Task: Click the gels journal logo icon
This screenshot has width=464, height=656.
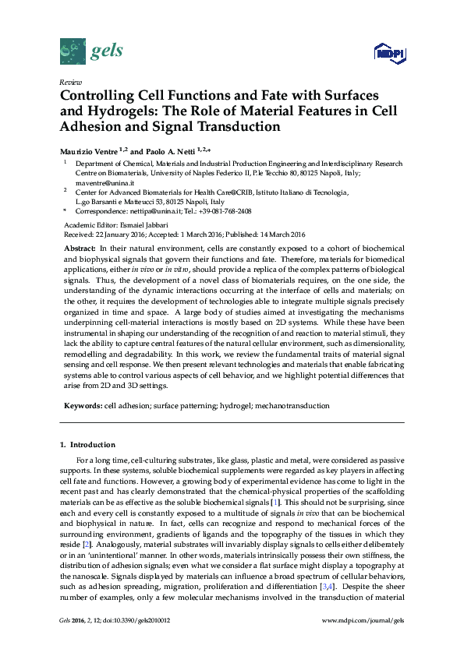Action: tap(72, 53)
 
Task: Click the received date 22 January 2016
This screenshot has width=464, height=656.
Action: tap(129, 234)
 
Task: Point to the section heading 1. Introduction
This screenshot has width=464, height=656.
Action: tap(88, 445)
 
